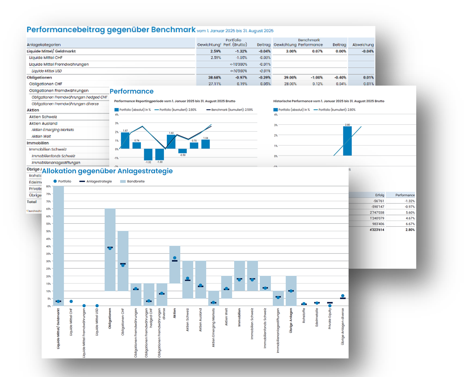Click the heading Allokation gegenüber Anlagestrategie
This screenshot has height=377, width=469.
[x=107, y=171]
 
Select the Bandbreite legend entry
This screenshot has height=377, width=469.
[x=135, y=181]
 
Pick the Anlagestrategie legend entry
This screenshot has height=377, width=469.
[x=98, y=181]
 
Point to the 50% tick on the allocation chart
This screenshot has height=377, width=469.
[x=48, y=231]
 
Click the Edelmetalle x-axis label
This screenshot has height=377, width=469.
[x=317, y=317]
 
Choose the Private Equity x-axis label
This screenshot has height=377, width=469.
[x=330, y=319]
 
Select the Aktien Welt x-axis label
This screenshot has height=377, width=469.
[x=226, y=317]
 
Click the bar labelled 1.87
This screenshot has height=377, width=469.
[x=125, y=141]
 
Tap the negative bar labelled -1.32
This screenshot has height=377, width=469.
[x=148, y=154]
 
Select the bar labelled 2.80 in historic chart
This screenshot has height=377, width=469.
[x=347, y=141]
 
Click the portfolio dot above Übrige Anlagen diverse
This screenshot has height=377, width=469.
[x=343, y=296]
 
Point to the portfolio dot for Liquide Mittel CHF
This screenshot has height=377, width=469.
[x=71, y=301]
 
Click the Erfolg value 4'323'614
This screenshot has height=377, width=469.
[x=377, y=230]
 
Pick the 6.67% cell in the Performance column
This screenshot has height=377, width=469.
[x=410, y=224]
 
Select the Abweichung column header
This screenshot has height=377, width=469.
[x=363, y=45]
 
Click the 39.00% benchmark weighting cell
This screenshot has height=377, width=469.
[x=290, y=77]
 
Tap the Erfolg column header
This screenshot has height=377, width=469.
[x=379, y=195]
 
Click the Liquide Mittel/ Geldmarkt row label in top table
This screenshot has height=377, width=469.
[x=51, y=51]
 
